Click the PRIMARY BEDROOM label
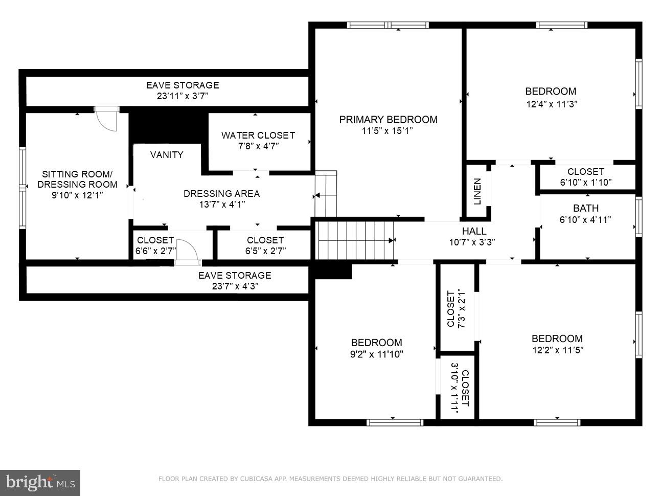coord(388,120)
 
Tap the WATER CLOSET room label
coord(258,136)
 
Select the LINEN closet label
coord(477,191)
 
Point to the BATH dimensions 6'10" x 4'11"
coord(585,220)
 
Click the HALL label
coord(474,231)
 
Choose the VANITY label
coord(167,155)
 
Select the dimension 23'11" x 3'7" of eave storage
coord(183,96)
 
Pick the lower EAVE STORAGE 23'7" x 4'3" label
coord(235,281)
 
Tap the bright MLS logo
coord(40,483)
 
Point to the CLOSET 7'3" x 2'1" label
coord(456,309)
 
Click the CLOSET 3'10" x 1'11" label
coord(459,388)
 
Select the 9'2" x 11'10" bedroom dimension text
coord(376,354)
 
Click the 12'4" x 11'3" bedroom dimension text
coord(551,104)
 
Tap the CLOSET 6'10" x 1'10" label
coord(585,177)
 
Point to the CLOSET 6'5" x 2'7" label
coord(265,245)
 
